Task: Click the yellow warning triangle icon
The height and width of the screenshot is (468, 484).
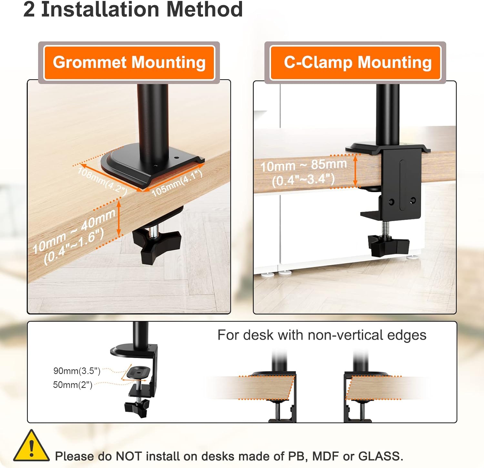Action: coord(31,446)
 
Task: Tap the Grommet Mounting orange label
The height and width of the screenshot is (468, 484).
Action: coord(129,63)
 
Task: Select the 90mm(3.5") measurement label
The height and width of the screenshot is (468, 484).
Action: coord(77,371)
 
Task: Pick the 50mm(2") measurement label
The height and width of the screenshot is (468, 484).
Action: coord(73,385)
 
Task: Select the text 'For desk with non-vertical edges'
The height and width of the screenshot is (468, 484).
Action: coord(322,335)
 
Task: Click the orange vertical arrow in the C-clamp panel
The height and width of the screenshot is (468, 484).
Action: coord(356,171)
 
